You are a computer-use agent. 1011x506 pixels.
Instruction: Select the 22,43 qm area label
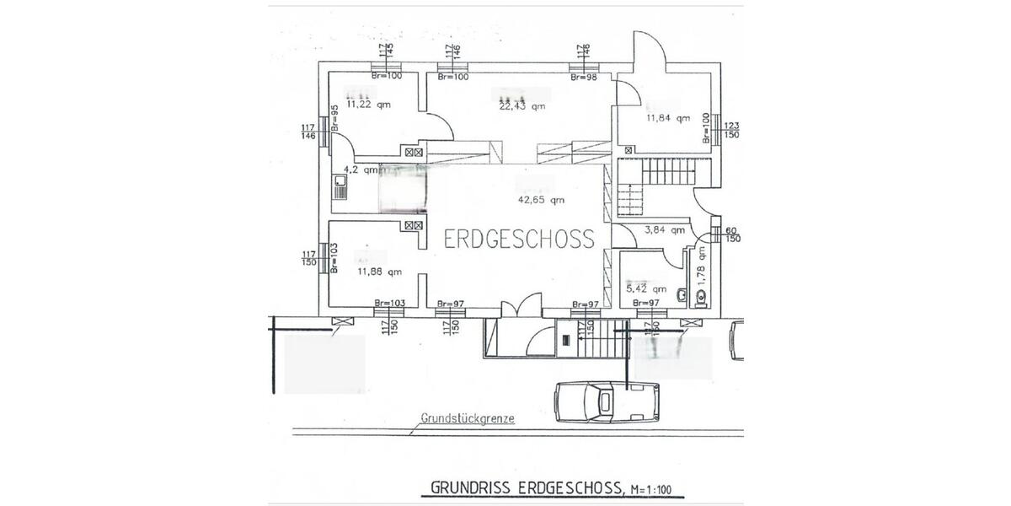coord(522,106)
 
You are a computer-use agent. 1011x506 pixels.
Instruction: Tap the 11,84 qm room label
coord(667,118)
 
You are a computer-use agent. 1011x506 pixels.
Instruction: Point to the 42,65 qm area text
coord(541,200)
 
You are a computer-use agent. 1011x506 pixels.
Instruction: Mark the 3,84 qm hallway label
coord(661,229)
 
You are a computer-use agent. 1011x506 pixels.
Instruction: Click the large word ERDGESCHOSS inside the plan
coord(519,239)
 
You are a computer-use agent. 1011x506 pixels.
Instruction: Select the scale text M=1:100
coord(657,487)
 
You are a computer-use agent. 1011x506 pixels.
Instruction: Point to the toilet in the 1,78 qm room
coord(702,294)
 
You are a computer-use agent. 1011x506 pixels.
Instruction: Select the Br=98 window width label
coord(584,77)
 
